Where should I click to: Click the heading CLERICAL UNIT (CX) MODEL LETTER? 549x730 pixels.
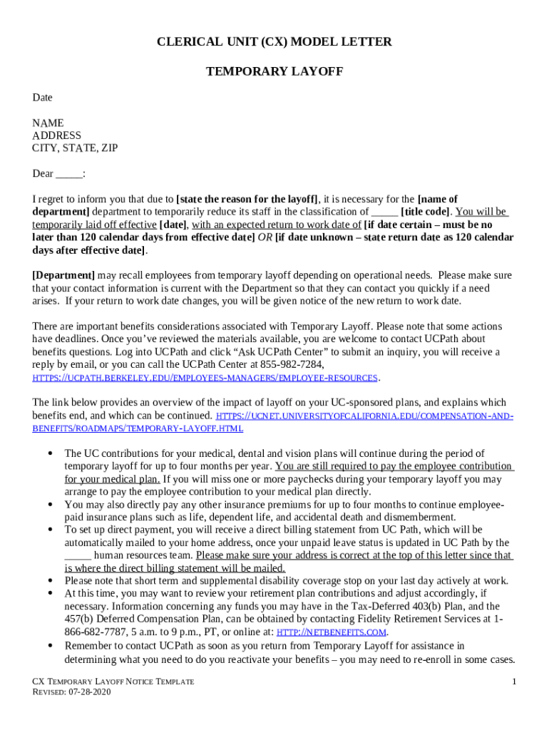274,42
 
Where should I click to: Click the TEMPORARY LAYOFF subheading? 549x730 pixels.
274,72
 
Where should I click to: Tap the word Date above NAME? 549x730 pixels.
42,98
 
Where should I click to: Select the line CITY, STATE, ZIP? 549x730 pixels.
75,148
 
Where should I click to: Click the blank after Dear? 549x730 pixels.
68,174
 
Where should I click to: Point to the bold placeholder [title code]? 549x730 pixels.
426,212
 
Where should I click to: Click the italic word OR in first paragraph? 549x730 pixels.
265,237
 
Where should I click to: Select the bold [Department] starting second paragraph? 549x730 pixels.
63,275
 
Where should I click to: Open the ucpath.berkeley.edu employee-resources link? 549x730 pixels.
205,378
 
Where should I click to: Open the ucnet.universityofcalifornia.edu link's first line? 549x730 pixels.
364,416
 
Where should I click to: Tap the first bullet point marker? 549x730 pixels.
51,453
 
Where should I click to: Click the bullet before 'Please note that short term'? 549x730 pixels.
51,581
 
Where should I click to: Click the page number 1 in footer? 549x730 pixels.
513,682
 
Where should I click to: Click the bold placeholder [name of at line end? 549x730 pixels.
437,199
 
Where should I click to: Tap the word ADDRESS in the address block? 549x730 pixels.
56,135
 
